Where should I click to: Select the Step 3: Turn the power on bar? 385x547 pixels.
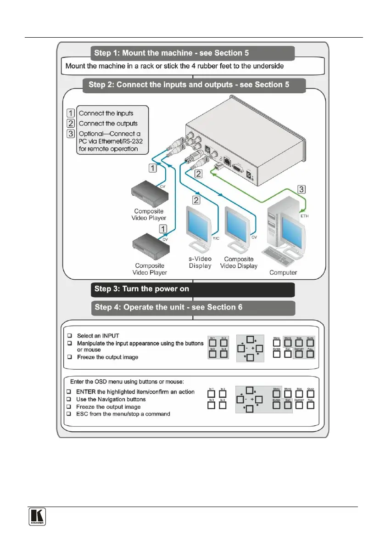[192, 289]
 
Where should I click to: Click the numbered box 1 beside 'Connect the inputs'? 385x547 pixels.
[71, 113]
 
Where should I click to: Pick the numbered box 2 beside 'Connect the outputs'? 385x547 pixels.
[71, 123]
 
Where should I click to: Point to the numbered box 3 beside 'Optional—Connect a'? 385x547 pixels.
[71, 134]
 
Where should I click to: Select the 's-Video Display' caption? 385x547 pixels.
[201, 262]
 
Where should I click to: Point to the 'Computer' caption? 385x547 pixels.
[283, 272]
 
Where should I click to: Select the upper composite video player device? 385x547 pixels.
[148, 194]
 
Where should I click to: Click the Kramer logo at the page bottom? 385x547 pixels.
[34, 517]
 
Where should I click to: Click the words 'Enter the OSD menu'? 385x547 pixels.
[96, 381]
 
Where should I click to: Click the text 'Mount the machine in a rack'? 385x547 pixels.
[116, 66]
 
